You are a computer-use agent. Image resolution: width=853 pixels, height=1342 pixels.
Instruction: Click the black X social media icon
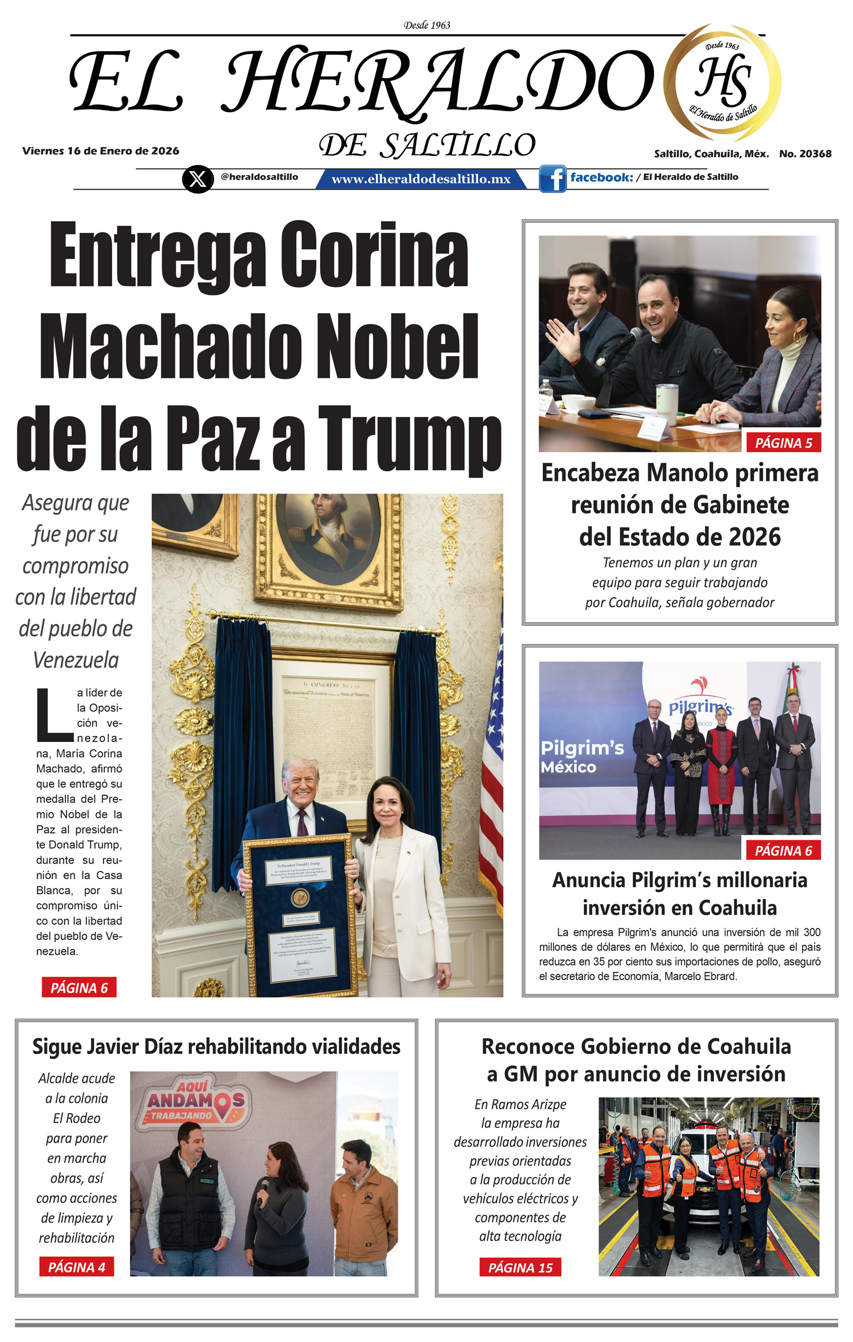coord(197,179)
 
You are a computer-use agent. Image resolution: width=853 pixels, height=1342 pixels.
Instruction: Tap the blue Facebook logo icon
coord(553,179)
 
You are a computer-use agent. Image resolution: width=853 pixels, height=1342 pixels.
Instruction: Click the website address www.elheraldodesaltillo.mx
coord(421,179)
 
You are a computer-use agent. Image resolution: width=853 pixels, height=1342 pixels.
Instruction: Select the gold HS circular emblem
coord(723,83)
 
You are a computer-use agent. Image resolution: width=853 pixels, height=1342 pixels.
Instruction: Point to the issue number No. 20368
coord(805,154)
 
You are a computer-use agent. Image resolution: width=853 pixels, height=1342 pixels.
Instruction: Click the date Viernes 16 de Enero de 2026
coord(101,151)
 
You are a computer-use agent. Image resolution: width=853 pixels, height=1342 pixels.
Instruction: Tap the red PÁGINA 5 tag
coord(783,443)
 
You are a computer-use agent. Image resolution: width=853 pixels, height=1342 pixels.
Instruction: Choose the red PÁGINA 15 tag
coord(520,1267)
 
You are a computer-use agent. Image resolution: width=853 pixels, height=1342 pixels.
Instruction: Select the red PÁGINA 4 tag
coord(76,1267)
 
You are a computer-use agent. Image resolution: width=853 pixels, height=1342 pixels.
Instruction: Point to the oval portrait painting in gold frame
coord(329,531)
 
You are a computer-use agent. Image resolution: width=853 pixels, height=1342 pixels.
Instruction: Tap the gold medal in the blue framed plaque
coord(300,897)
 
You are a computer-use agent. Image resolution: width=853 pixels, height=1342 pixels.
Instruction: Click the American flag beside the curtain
coord(491,758)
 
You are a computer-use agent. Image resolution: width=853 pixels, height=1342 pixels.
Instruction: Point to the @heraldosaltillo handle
coord(259,177)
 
